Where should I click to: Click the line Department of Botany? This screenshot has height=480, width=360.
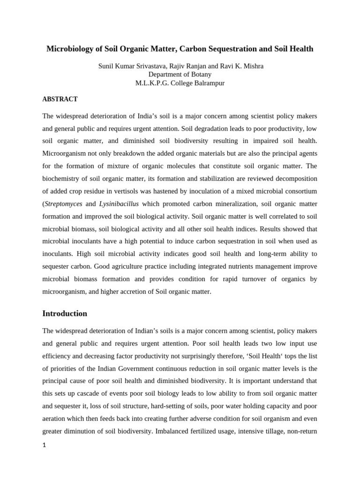pos(180,75)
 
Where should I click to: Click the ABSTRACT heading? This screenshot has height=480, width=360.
pos(60,99)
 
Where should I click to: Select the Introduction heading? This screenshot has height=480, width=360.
pos(65,314)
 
